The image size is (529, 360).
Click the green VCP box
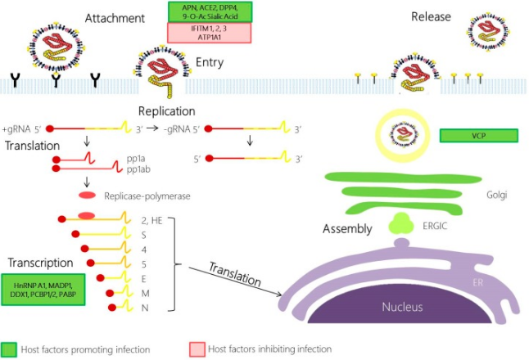click(479, 135)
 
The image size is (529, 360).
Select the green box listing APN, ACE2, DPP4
click(209, 11)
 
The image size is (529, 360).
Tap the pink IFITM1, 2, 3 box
click(209, 33)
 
